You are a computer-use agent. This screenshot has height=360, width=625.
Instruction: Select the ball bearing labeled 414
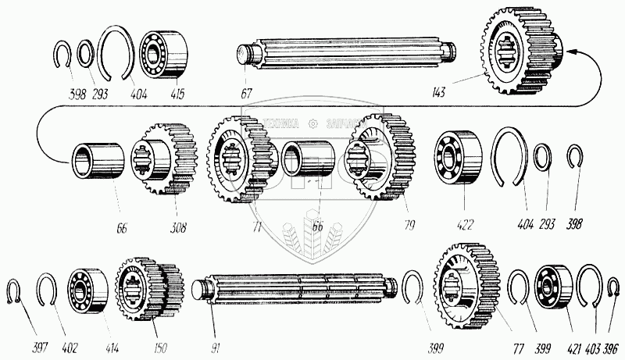pos(88,290)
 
